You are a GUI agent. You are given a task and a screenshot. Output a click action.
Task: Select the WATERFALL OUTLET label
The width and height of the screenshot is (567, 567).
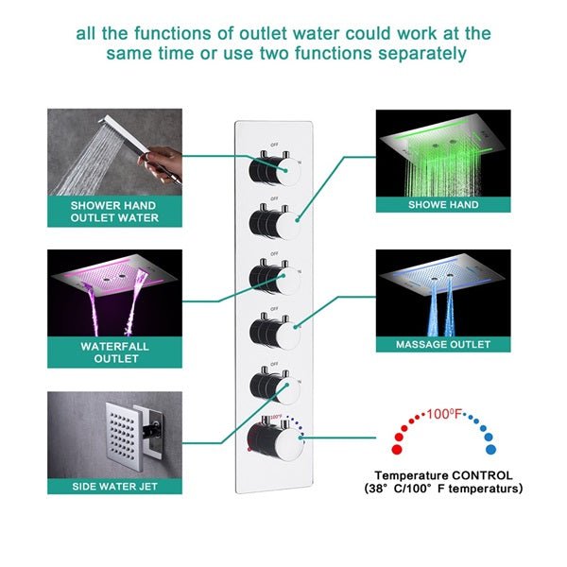coord(112,352)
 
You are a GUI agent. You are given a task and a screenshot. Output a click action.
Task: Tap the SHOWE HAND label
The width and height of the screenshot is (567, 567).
coord(442,204)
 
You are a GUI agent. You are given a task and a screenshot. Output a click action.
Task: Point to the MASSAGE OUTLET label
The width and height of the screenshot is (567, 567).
coord(442,345)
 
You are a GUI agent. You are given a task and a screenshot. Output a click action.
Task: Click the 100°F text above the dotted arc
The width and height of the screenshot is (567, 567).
coord(445,413)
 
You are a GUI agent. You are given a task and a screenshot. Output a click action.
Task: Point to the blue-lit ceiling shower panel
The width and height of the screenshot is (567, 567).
coord(442,276)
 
